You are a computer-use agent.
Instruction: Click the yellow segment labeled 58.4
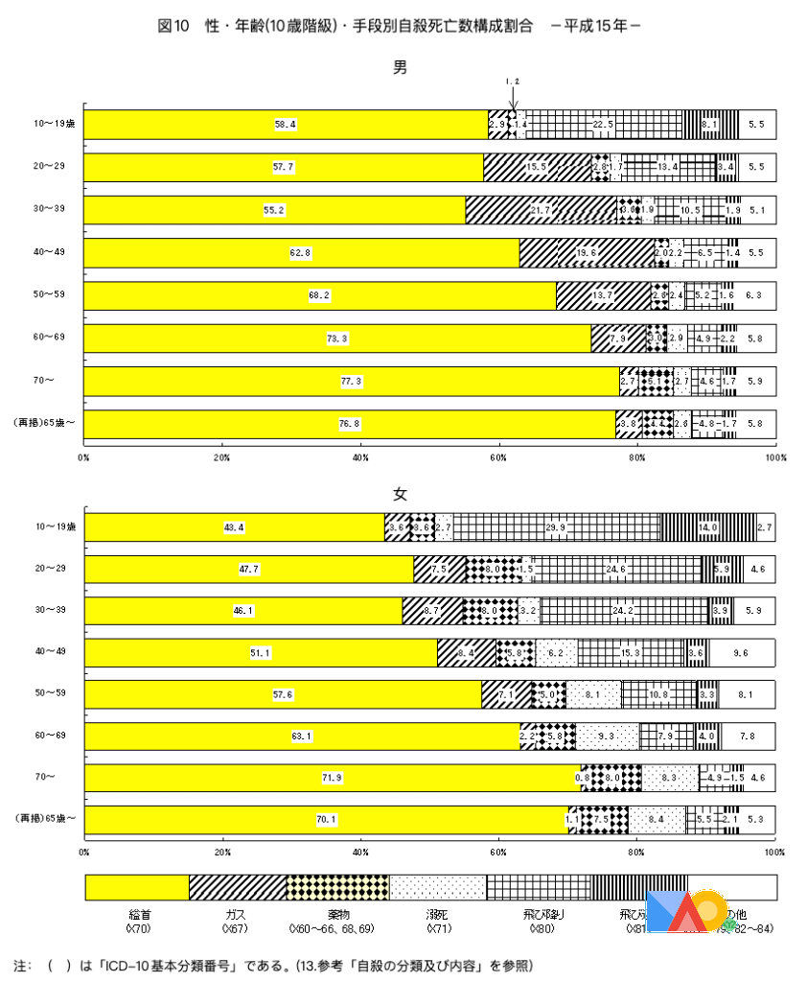pos(286,125)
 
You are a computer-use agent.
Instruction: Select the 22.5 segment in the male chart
pos(604,125)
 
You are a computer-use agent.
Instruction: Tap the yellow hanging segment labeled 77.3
pos(351,382)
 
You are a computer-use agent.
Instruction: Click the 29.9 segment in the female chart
pos(556,526)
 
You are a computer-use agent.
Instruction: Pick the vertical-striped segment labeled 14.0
pos(708,526)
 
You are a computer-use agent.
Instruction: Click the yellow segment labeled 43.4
pos(234,526)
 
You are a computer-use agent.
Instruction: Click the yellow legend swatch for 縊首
pos(137,887)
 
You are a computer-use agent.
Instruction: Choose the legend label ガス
pos(236,915)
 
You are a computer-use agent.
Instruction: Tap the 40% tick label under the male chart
pos(360,458)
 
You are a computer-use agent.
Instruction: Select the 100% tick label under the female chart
pos(774,851)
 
